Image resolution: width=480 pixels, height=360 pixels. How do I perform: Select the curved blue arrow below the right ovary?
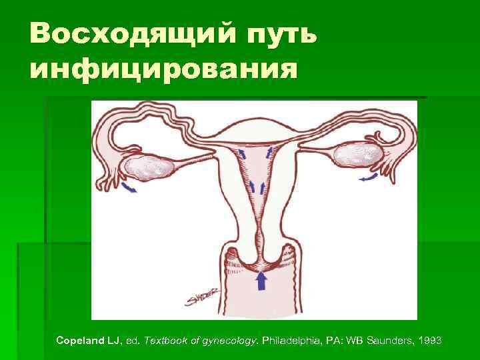(367, 178)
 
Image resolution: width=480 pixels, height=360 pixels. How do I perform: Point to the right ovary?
(358, 156)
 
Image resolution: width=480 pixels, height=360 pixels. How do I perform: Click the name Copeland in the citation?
(78, 341)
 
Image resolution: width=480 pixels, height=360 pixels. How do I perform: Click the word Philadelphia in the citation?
(291, 341)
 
